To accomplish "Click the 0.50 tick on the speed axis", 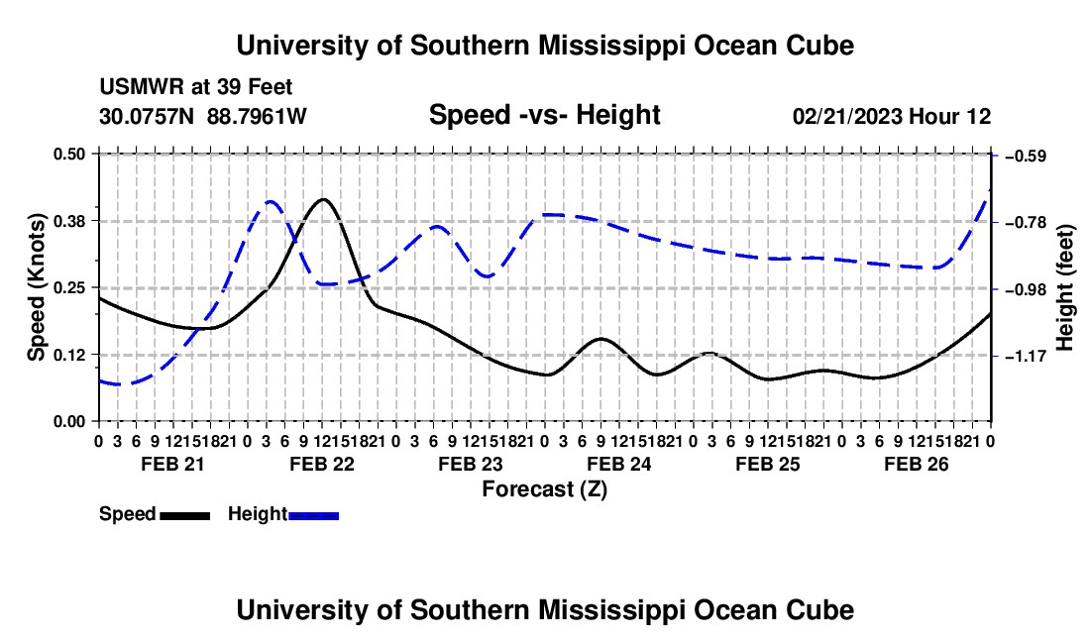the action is point(68,154).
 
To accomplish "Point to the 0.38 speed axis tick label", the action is point(68,221).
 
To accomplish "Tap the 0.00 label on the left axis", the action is point(68,422).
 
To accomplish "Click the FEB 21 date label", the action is point(173,464).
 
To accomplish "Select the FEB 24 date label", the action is point(618,464).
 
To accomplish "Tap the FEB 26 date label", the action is point(917,464).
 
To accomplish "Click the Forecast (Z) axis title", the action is point(544,489).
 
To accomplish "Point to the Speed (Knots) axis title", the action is point(36,287).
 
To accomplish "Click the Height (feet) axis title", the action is point(1065,287).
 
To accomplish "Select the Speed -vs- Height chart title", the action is point(544,115).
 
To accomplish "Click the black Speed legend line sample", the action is point(185,515).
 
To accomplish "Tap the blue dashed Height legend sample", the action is point(313,515).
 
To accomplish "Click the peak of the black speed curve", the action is point(323,199).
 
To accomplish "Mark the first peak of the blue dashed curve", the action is point(271,201).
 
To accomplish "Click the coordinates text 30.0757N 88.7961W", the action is point(203,116).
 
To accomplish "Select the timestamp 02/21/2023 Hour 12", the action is point(892,116).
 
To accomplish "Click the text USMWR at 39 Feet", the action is point(196,87).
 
